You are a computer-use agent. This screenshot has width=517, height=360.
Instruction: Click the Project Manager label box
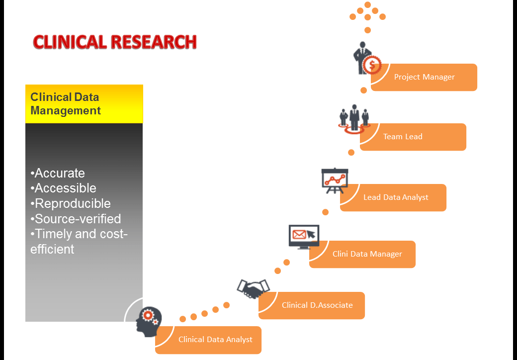tap(424, 77)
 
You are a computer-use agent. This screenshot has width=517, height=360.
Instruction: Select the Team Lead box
tap(413, 137)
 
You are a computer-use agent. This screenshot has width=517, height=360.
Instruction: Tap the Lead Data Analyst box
tap(395, 197)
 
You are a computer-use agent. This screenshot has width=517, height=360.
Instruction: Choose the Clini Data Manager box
tap(367, 254)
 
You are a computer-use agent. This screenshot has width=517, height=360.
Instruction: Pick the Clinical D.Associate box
tap(317, 305)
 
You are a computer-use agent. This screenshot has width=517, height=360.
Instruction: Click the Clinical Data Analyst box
tap(215, 340)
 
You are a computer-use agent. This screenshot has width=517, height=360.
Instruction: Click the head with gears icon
tap(149, 321)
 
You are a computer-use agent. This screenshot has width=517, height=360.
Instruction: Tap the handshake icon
tap(253, 288)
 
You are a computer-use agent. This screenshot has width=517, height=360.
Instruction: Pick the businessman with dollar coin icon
tap(365, 58)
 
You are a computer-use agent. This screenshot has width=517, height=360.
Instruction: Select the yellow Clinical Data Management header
tap(84, 104)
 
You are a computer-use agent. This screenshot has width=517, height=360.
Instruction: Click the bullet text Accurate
tap(58, 173)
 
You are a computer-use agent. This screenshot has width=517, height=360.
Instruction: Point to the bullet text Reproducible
tap(71, 203)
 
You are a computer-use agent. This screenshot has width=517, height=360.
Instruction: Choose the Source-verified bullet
tap(76, 219)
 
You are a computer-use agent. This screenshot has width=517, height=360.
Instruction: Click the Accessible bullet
tap(63, 188)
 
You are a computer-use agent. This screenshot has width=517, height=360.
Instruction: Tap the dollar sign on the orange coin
tap(371, 64)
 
